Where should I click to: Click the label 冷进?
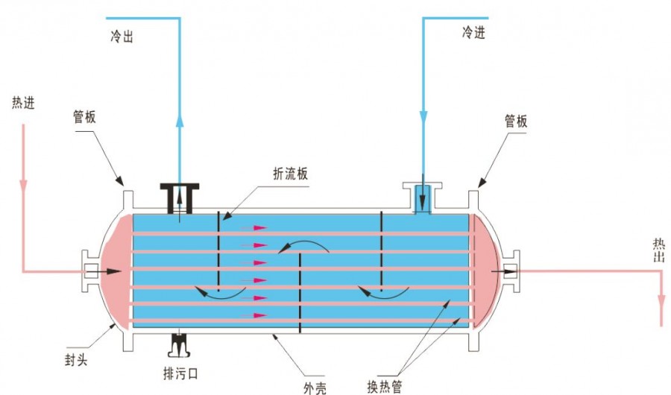point(473,33)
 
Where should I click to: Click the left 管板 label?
point(84,117)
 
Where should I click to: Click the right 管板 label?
point(516,121)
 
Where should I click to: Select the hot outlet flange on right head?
point(512,271)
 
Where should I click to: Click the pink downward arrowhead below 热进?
point(23,182)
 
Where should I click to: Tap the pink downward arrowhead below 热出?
point(661,300)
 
